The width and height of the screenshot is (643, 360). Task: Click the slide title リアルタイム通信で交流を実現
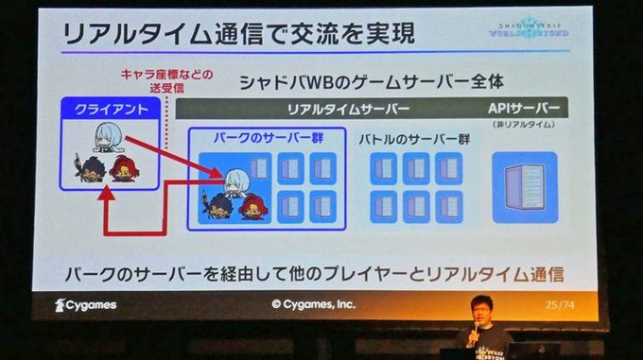pos(237,35)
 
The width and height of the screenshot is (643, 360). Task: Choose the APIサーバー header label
pos(527,108)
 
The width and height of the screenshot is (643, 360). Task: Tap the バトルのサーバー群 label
pos(414,138)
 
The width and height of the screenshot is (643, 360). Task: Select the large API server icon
pos(525,186)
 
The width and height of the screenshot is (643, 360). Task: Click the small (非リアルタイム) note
pos(526,126)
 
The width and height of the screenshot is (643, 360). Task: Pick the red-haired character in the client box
pos(123,169)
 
